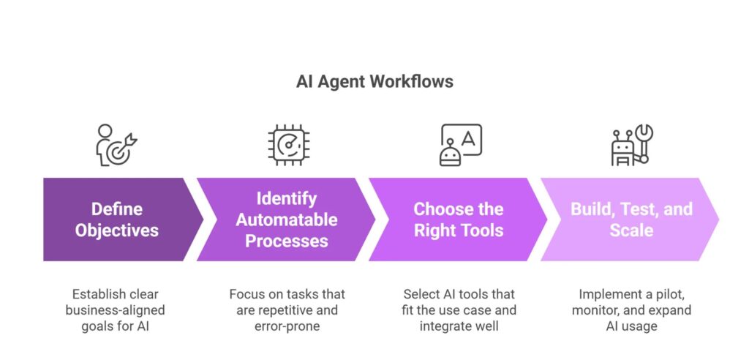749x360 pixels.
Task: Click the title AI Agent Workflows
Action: [x=374, y=81]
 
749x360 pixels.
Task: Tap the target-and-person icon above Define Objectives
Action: [x=116, y=146]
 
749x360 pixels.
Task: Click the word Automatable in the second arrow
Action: [x=287, y=220]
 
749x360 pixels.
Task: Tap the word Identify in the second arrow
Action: [x=287, y=199]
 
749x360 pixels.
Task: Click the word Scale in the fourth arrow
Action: [x=631, y=230]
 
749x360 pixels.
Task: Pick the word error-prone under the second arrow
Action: [x=287, y=326]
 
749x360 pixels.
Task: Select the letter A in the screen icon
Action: [x=469, y=137]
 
